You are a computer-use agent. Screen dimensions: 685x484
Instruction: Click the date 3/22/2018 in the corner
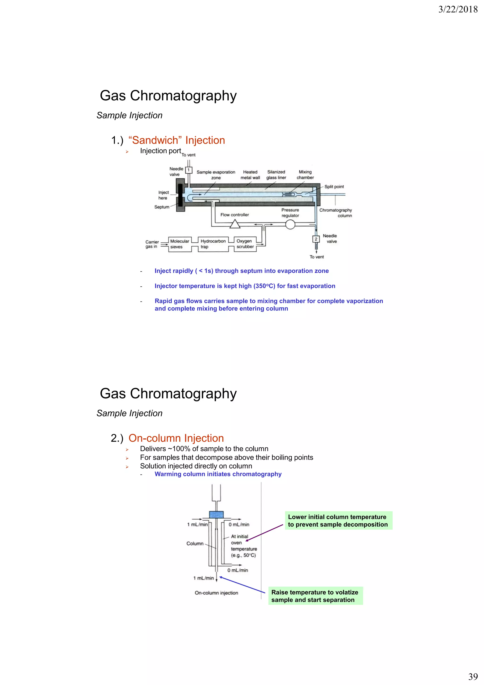coord(458,9)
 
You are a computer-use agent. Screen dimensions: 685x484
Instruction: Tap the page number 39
coord(473,676)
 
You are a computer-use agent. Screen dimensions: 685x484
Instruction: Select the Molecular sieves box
coord(180,244)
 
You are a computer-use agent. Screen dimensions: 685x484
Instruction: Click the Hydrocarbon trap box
coord(213,244)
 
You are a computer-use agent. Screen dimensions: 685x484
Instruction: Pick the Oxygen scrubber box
coord(245,244)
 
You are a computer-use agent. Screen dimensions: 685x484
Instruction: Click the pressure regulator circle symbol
coord(290,225)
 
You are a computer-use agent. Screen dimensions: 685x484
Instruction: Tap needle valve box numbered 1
coord(188,170)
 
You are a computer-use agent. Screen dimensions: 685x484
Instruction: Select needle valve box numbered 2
coord(316,239)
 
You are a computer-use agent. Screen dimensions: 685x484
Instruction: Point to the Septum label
coord(162,207)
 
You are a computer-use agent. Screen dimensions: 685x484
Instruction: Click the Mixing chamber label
coord(305,175)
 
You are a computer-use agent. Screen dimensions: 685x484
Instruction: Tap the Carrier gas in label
coord(152,244)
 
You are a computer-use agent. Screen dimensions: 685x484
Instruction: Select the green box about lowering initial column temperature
coord(338,521)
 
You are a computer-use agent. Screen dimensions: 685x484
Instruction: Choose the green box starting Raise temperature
coord(315,596)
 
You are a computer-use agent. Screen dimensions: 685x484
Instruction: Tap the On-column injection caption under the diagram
coord(216,593)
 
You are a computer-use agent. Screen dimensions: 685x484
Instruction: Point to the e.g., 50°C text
coord(243,555)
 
